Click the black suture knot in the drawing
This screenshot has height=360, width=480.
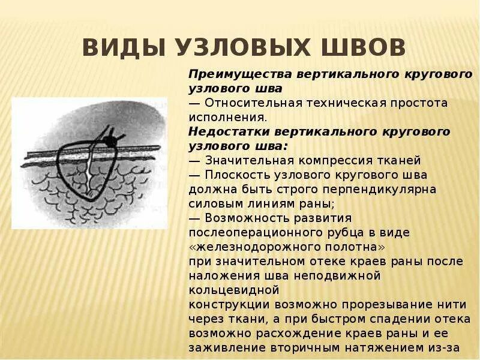coord(109,141)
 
